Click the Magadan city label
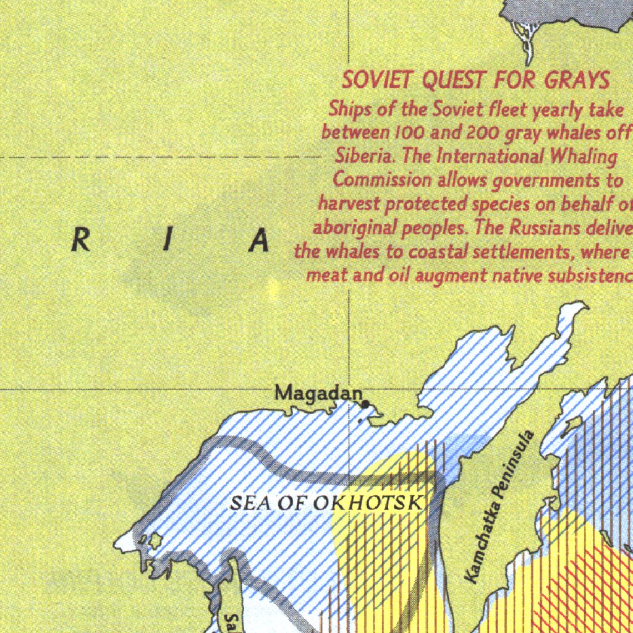click(318, 393)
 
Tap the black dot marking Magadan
click(366, 404)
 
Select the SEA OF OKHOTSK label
click(326, 503)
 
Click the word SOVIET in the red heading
click(378, 80)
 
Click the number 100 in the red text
click(407, 132)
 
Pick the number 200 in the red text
click(485, 132)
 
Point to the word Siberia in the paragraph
click(365, 156)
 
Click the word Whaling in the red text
click(584, 156)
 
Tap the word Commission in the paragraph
click(383, 180)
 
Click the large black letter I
click(166, 242)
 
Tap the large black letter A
click(260, 242)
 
